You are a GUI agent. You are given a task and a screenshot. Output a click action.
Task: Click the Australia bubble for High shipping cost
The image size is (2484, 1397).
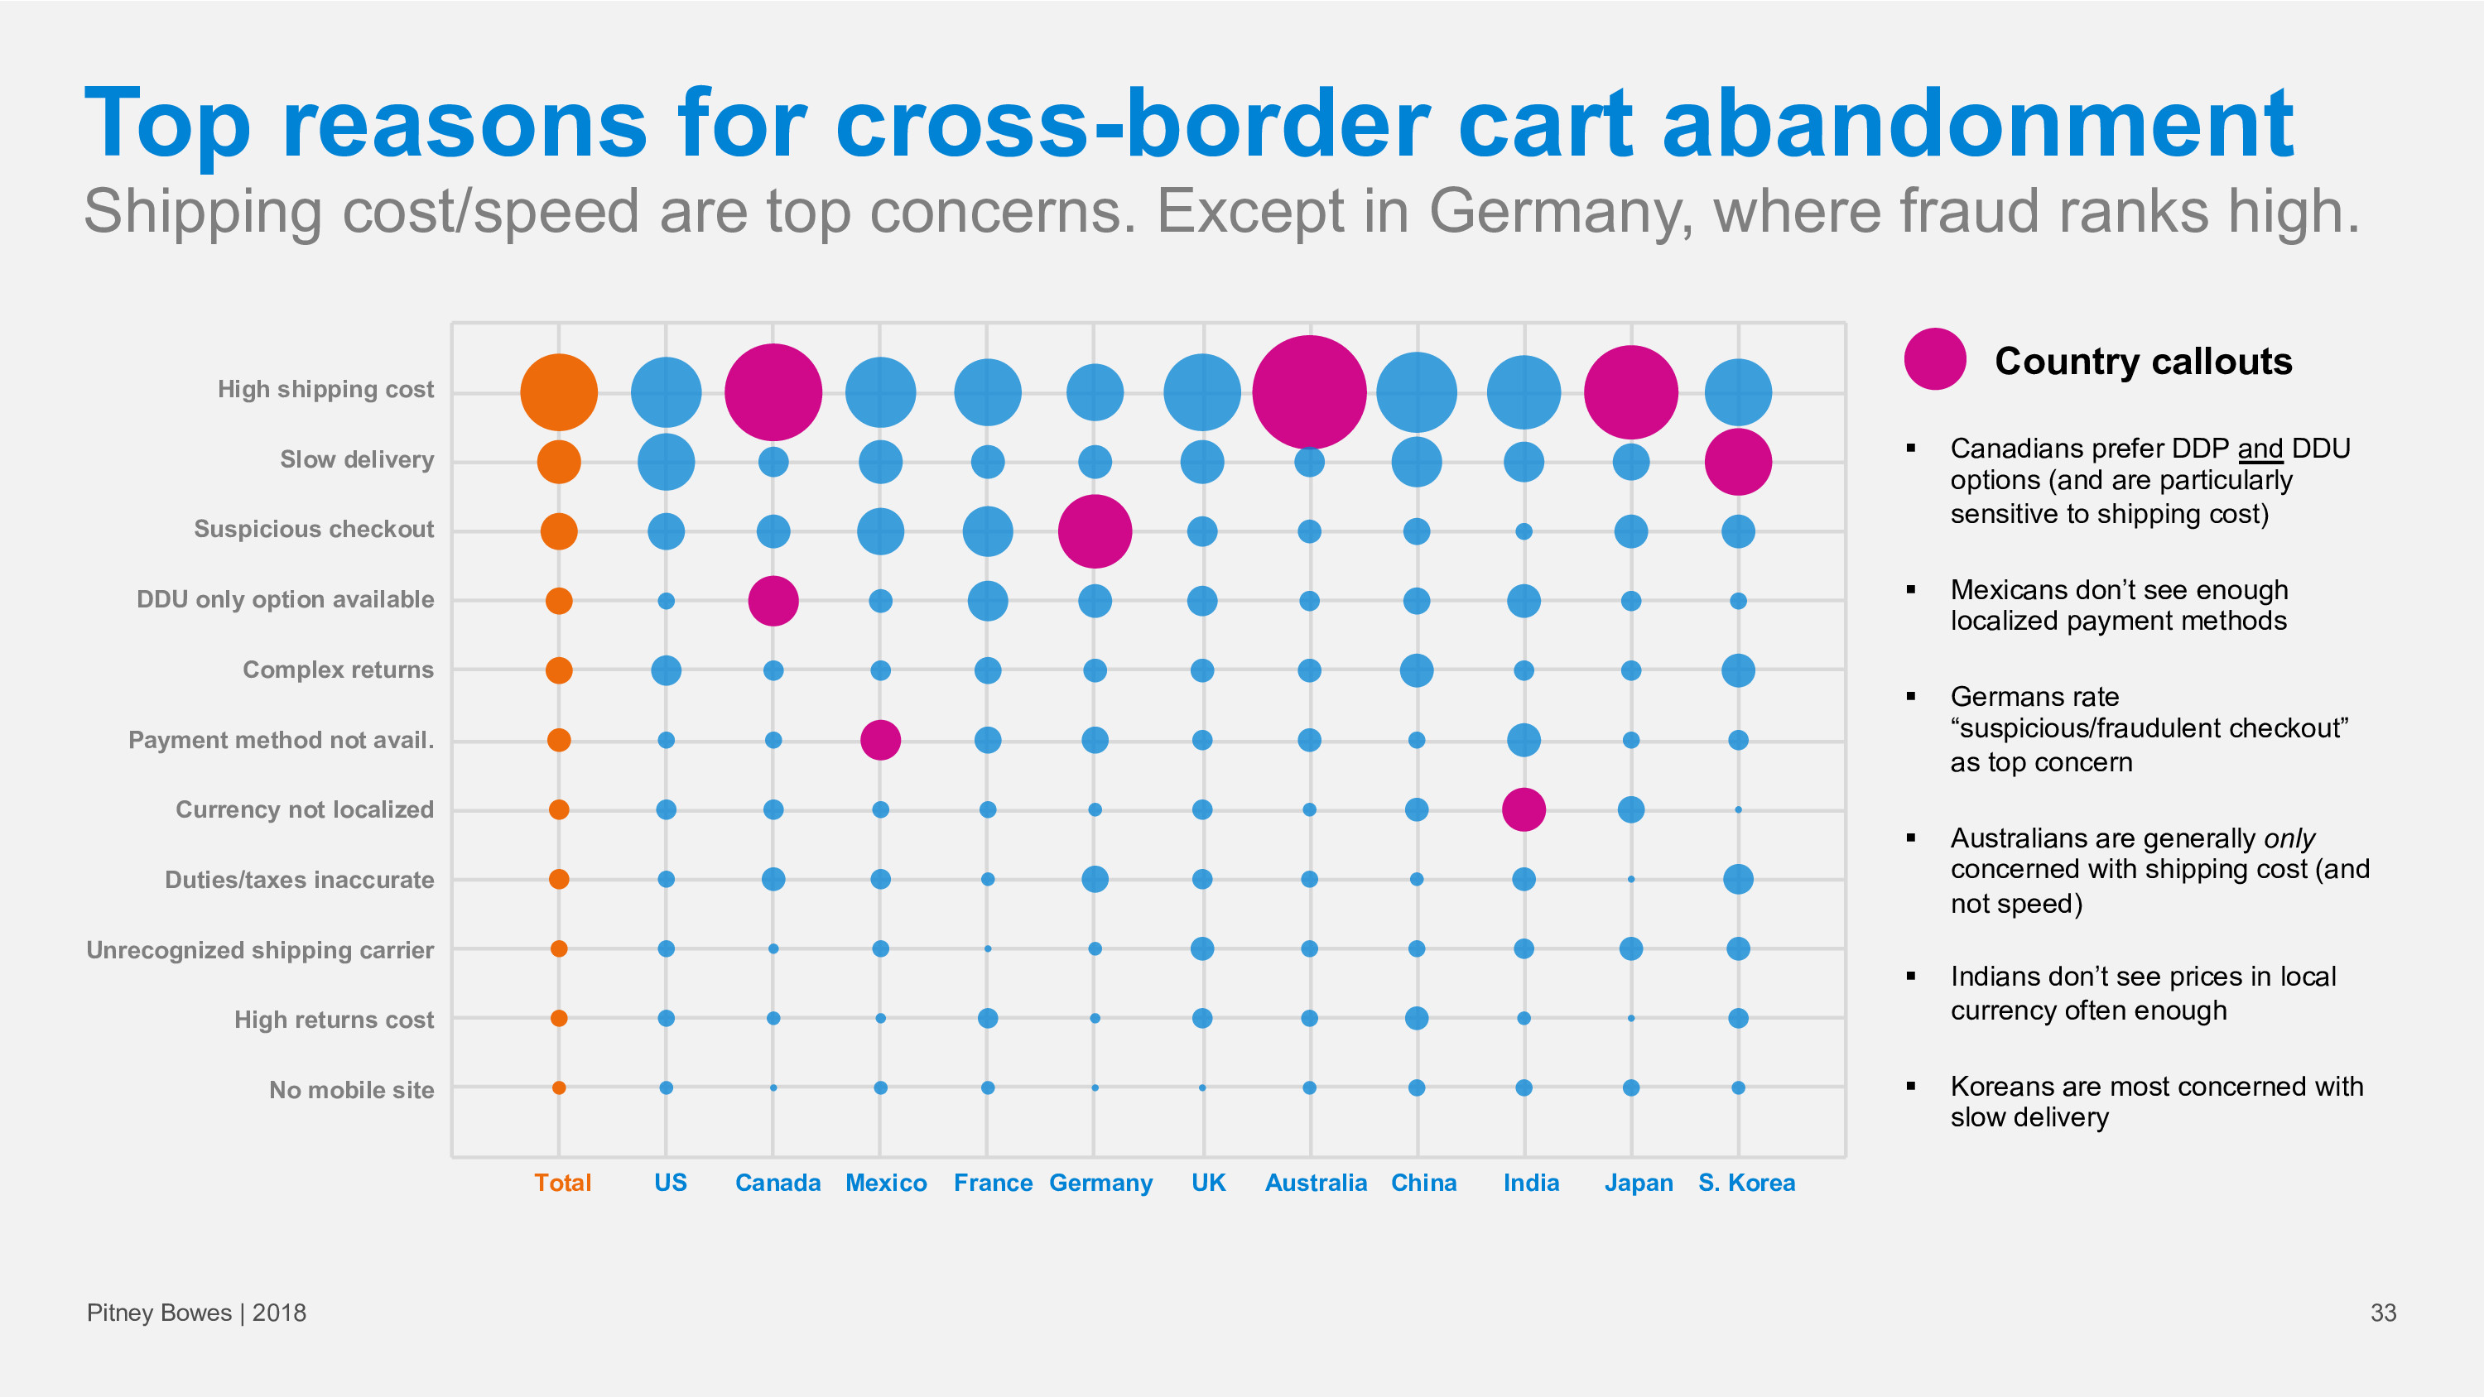point(1308,392)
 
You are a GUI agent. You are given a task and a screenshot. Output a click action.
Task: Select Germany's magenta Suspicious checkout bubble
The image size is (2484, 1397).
point(1095,531)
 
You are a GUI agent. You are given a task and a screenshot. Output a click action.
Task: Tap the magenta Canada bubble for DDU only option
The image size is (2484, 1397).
point(773,601)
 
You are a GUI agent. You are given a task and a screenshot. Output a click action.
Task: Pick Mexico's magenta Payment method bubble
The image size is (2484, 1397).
point(879,740)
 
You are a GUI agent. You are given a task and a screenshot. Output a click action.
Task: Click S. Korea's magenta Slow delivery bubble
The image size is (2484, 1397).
point(1738,462)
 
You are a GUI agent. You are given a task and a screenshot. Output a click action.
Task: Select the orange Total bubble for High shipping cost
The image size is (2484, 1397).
point(558,392)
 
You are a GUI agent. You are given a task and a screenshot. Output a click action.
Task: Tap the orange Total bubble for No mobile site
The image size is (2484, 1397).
point(558,1087)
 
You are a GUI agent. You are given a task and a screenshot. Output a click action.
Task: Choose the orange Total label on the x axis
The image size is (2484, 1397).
point(562,1182)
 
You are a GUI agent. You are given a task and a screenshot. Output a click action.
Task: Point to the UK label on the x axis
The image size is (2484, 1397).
point(1208,1182)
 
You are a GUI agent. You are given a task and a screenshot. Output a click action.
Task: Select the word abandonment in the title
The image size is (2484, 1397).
point(1976,123)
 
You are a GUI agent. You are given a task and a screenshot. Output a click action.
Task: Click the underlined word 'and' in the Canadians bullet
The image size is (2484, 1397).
point(2260,449)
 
